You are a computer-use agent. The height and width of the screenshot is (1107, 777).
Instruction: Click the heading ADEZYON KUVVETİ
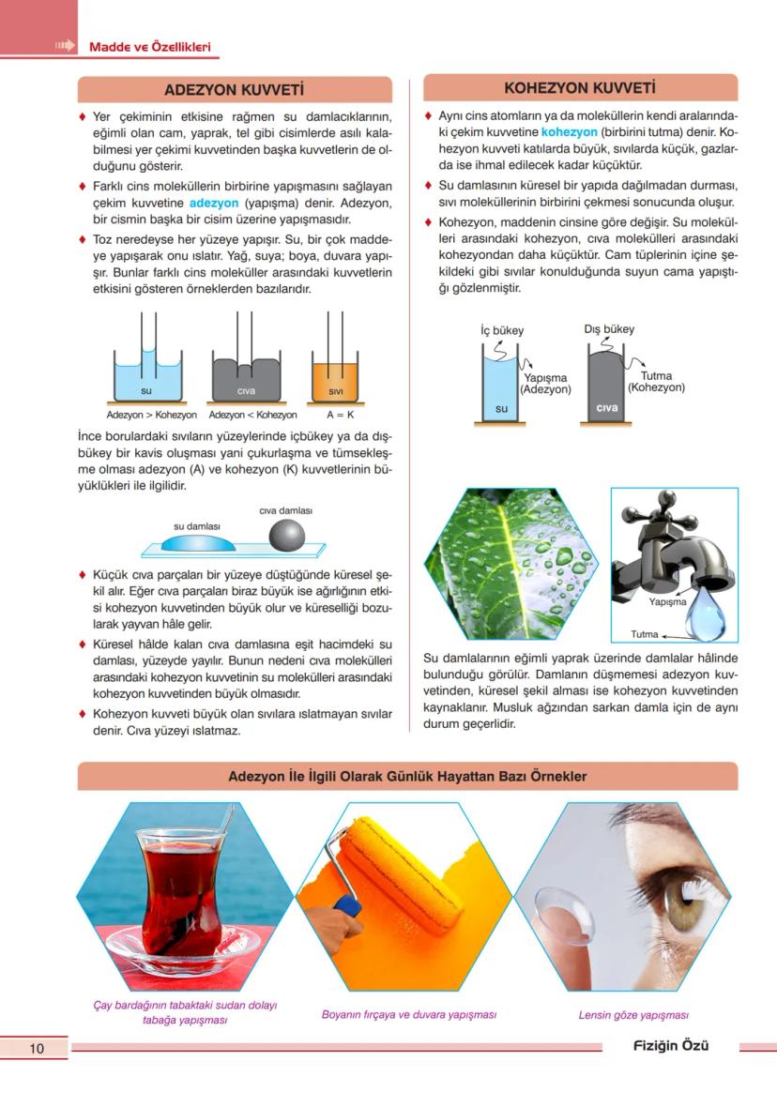point(234,90)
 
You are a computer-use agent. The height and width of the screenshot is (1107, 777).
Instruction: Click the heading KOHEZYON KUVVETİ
point(580,88)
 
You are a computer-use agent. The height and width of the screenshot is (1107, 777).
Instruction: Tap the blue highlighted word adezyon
point(215,203)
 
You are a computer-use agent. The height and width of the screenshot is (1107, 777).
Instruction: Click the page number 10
point(37,1048)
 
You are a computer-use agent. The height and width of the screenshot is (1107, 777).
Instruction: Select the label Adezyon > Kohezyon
point(151,415)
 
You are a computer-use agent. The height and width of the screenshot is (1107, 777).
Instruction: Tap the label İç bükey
point(502,330)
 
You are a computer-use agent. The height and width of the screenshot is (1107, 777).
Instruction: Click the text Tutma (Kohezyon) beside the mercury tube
point(656,382)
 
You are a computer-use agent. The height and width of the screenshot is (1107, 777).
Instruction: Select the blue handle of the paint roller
point(347,907)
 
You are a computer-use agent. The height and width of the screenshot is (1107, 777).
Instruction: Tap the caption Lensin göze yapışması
point(633,1015)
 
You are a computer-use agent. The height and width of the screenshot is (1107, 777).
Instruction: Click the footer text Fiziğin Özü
point(670,1046)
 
